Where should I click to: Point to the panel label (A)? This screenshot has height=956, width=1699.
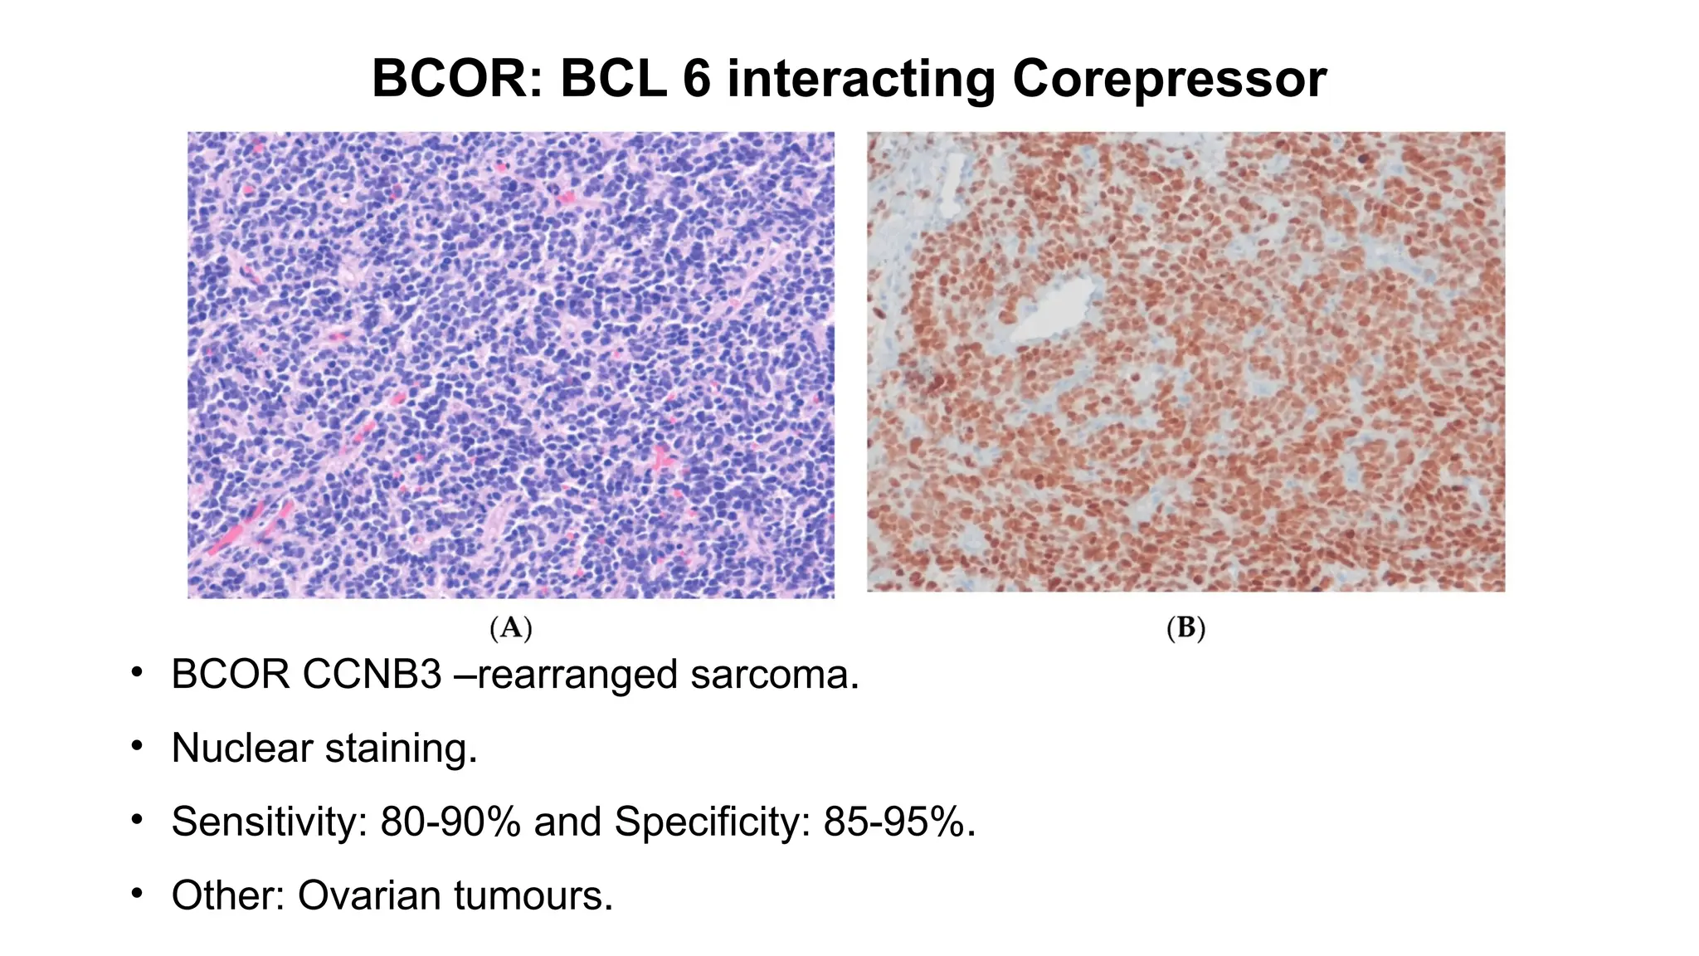[510, 628]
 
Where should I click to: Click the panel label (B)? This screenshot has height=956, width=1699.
[1185, 628]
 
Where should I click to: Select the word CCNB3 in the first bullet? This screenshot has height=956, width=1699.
[372, 674]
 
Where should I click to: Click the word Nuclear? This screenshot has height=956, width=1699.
[241, 748]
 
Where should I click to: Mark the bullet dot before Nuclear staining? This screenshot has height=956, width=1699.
[137, 747]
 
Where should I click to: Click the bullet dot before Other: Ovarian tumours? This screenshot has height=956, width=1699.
[137, 894]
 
